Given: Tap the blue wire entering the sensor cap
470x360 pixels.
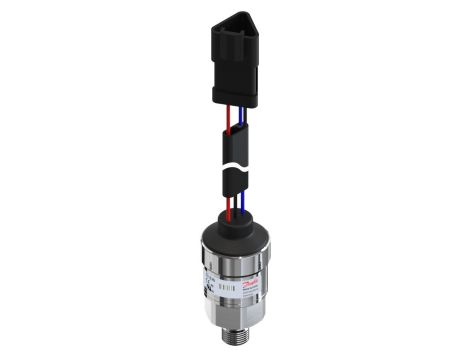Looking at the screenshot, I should (240, 207).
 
